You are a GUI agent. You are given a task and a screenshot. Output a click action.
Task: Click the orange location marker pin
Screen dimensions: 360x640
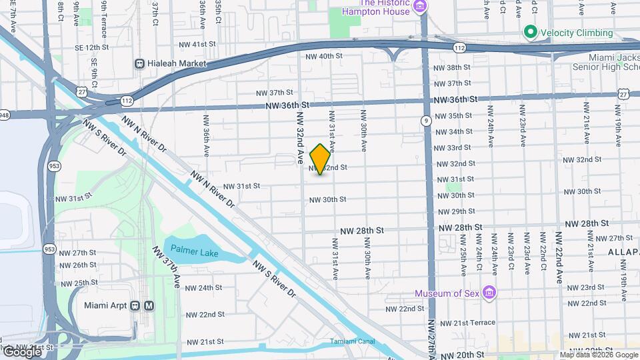pyautogui.click(x=320, y=159)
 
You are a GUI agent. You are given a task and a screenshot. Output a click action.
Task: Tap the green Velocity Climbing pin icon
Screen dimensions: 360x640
pyautogui.click(x=530, y=32)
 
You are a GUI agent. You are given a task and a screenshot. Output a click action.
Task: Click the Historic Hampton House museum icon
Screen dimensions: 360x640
pyautogui.click(x=420, y=8)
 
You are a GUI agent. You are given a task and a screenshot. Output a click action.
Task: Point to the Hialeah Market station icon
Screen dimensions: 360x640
pyautogui.click(x=140, y=64)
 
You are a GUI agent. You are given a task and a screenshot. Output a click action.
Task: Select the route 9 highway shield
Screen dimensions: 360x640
pyautogui.click(x=425, y=120)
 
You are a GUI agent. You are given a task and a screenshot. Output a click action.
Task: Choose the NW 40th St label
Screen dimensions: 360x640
pyautogui.click(x=323, y=57)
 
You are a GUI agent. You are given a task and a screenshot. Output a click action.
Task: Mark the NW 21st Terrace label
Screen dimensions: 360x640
pyautogui.click(x=467, y=323)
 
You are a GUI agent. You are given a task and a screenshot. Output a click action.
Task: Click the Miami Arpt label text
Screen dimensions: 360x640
pyautogui.click(x=106, y=306)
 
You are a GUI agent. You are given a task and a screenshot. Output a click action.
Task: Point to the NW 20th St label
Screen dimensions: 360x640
pyautogui.click(x=465, y=355)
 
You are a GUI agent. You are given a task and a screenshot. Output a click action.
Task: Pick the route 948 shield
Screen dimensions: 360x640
pyautogui.click(x=3, y=114)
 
